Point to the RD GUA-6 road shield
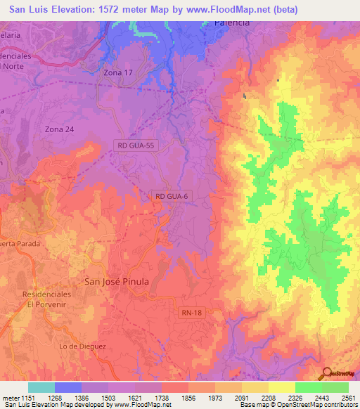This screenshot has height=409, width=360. coord(171,197)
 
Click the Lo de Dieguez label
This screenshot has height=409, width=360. coord(81,346)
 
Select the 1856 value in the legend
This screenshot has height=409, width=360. coord(189,398)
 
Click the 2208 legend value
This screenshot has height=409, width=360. coord(269,398)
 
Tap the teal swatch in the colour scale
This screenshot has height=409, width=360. coord(41,387)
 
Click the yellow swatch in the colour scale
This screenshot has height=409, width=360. coord(282,387)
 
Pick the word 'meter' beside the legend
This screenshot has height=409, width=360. coord(11,398)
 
